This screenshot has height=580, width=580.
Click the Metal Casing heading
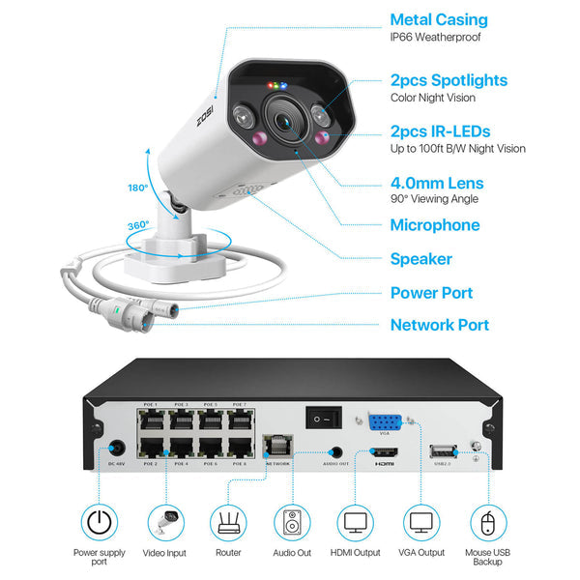click(439, 19)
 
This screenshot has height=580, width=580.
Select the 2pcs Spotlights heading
click(449, 80)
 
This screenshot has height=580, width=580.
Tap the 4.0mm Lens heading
click(437, 183)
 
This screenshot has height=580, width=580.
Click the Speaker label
click(420, 259)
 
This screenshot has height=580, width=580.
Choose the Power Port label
click(431, 293)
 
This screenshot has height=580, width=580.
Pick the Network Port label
click(439, 326)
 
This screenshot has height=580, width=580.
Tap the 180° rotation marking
click(137, 188)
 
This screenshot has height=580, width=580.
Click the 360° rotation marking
click(138, 225)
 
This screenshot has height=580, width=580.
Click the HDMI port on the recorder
click(385, 451)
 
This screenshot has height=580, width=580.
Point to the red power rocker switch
click(323, 417)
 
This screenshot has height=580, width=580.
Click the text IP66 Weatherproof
click(435, 38)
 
